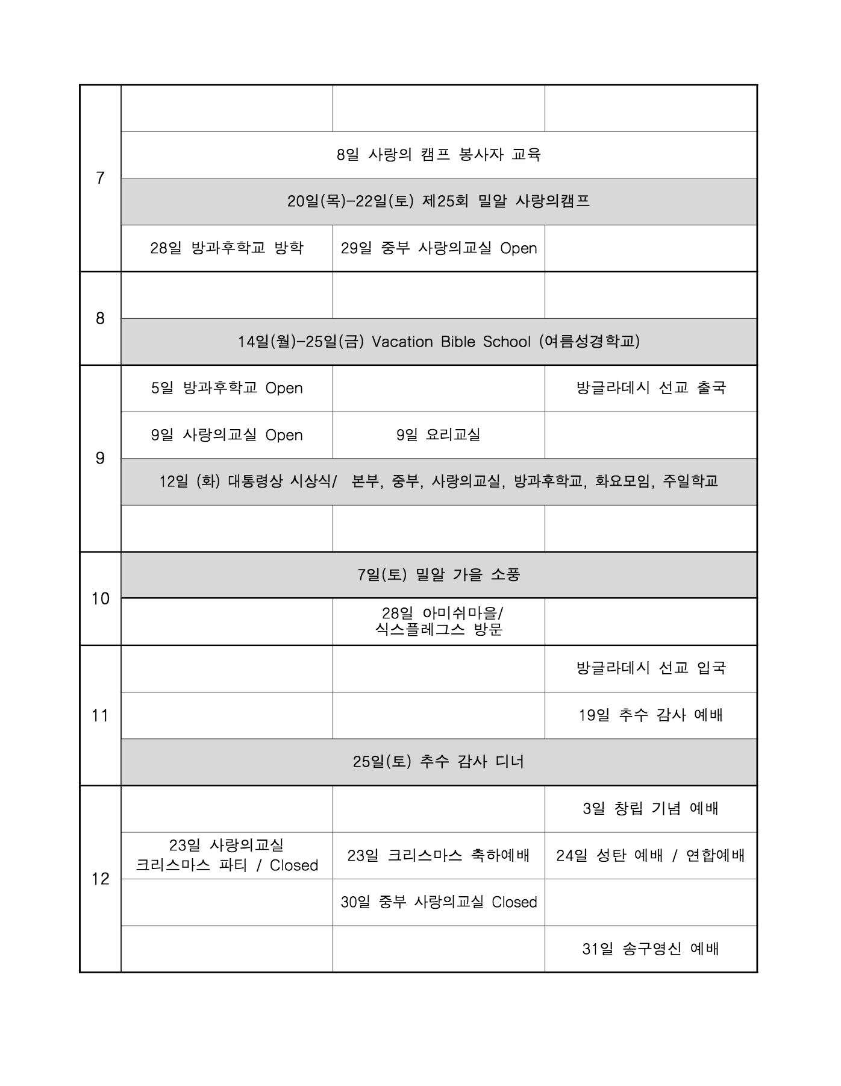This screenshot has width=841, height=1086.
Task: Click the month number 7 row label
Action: tap(100, 178)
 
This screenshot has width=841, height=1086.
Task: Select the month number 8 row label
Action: tap(100, 318)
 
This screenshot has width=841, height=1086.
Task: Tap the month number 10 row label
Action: tap(100, 598)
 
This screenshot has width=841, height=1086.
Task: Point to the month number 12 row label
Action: tap(100, 879)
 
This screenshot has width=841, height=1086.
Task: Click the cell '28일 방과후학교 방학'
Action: tap(227, 248)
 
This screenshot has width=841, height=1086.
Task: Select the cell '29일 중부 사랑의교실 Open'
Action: tap(439, 248)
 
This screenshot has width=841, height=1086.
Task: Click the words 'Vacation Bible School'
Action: tap(451, 342)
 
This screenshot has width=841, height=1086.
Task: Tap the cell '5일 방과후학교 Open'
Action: tap(227, 388)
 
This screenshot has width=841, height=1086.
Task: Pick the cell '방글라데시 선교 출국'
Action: tap(651, 388)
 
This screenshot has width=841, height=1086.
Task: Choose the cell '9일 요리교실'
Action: tap(439, 435)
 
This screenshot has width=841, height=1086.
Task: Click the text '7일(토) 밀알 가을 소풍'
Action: tap(439, 575)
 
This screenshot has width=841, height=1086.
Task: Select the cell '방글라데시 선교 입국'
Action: tap(651, 668)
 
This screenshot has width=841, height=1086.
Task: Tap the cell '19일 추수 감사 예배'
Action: tap(651, 715)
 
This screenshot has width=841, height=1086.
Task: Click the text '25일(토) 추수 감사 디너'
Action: tap(439, 762)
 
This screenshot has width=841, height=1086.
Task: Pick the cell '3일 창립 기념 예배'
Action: tap(651, 809)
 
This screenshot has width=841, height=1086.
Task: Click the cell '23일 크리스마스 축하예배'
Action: tap(439, 855)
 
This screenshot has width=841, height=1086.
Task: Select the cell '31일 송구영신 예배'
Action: tap(651, 949)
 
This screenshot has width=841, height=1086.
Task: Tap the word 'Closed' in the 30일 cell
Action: tap(514, 902)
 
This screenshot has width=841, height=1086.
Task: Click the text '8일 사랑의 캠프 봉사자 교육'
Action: tap(439, 154)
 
